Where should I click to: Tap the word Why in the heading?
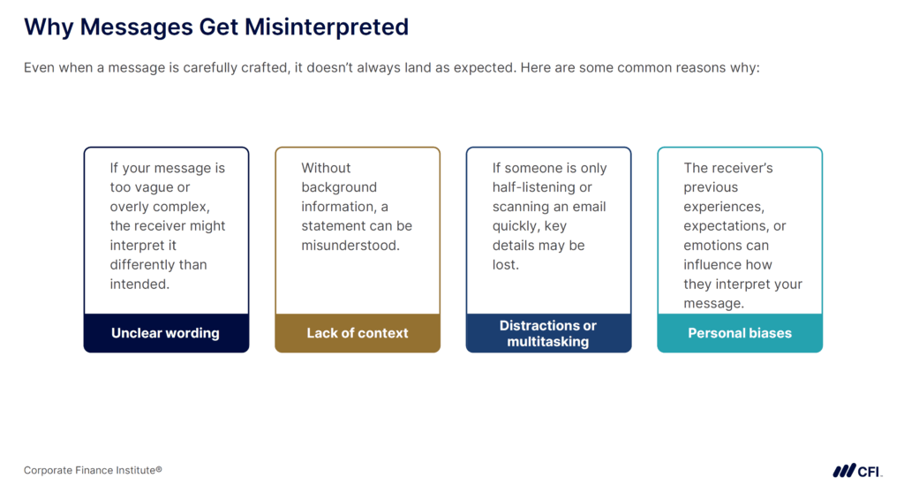click(49, 27)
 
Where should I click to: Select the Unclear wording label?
click(165, 333)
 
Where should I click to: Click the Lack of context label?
click(358, 333)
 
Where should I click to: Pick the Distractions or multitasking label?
click(548, 333)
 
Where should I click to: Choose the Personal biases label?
click(740, 333)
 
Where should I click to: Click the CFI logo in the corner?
click(856, 470)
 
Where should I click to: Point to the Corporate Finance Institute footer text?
click(93, 470)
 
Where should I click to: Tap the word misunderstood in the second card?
click(350, 246)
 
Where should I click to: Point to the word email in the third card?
click(587, 207)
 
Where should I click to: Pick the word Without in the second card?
click(326, 168)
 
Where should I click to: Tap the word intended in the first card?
click(138, 284)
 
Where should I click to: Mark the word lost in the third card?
click(505, 265)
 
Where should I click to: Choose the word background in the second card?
click(339, 187)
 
